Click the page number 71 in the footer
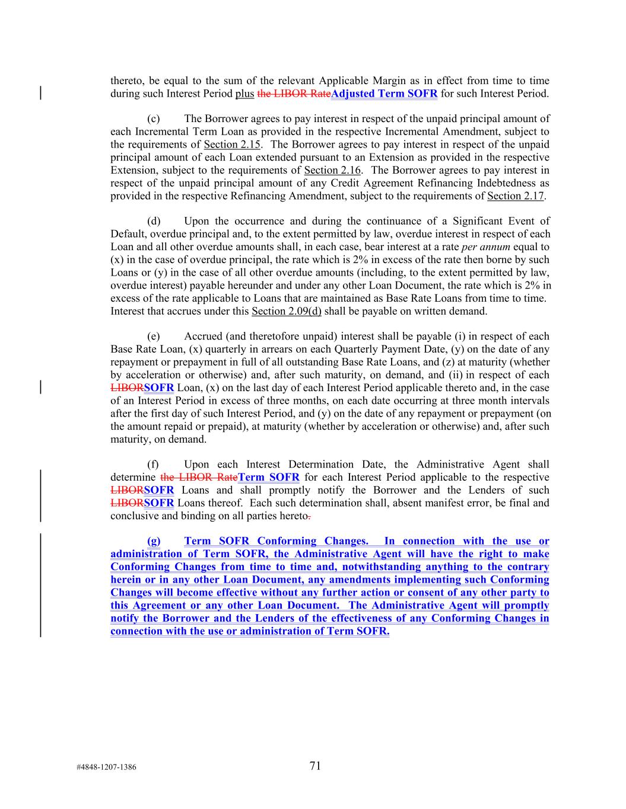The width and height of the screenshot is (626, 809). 315,766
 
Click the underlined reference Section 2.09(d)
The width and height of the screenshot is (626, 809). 287,311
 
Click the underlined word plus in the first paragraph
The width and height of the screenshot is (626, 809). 244,94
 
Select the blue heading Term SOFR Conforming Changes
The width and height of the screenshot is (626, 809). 276,541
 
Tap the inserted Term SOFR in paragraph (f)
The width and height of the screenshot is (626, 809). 268,478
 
